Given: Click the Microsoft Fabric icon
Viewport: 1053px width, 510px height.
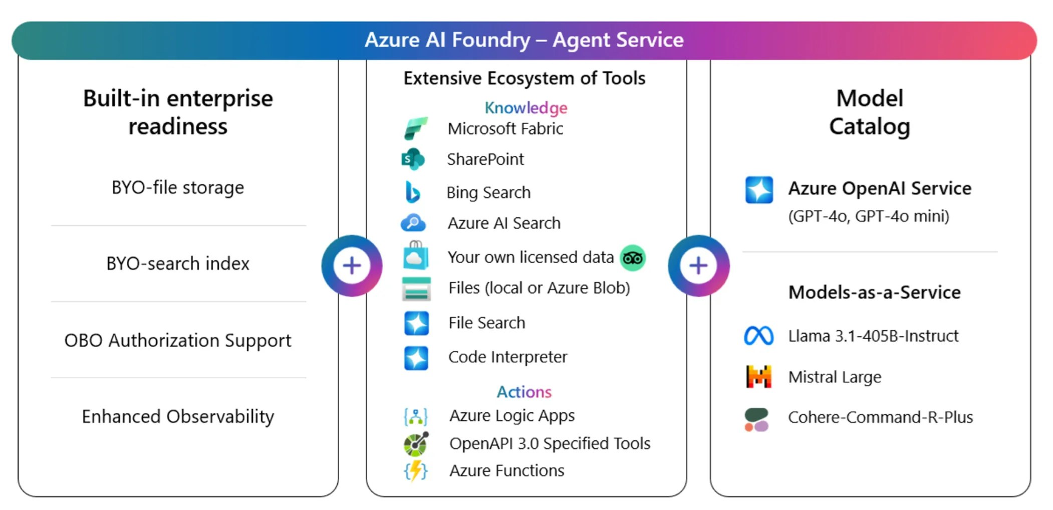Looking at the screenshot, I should pos(416,128).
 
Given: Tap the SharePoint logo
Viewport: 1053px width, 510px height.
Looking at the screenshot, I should pos(413,159).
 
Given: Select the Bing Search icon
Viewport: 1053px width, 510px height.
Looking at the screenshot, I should pos(412,192).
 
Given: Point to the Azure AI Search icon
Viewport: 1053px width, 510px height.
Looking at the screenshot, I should pos(413,222).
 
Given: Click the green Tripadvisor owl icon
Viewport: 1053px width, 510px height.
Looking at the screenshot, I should pos(633,258).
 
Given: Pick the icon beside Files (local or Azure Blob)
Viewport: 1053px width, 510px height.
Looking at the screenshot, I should pos(416,289).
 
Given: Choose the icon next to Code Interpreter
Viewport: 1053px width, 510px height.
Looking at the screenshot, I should pos(416,358).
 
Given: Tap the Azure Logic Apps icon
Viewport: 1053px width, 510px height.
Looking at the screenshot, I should pos(416,416).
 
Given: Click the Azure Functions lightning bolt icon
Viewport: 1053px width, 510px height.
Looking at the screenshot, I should pos(416,470).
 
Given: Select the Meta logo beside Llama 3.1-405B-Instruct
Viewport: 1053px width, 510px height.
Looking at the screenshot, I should pos(758,336).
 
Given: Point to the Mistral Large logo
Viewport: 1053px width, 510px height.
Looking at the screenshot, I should pos(758,377).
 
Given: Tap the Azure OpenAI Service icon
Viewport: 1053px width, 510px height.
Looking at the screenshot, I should pos(759,190).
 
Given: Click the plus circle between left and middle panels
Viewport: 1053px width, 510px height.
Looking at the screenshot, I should pos(352,266).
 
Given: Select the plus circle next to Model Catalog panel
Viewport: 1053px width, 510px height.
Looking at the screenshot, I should pos(698,266).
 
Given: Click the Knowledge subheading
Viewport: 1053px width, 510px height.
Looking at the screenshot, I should pos(525,108).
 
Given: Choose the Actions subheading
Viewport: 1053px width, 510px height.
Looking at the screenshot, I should pos(524,392).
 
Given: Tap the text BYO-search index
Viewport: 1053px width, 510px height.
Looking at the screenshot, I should pos(178,264).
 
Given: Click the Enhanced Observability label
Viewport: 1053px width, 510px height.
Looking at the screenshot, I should pos(178,416).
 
